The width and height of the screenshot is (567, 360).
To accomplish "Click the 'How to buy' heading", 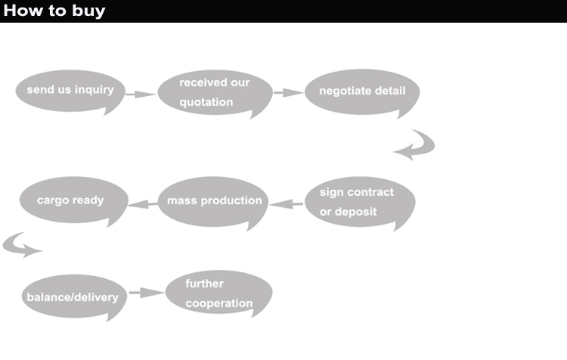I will click(x=54, y=11).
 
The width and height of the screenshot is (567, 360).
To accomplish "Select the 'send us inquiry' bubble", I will click(x=70, y=90).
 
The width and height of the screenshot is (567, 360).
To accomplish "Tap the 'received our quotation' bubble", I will click(x=215, y=92).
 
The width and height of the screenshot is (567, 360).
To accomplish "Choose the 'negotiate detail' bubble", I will click(x=362, y=92).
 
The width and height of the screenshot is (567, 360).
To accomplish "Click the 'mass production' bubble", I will click(x=214, y=201).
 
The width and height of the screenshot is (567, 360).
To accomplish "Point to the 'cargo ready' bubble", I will click(x=70, y=201).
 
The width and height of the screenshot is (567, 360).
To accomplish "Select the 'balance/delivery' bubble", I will click(x=73, y=296).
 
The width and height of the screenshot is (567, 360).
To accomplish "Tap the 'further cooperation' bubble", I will click(x=218, y=294).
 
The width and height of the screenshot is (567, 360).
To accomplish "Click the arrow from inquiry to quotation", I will click(x=140, y=95).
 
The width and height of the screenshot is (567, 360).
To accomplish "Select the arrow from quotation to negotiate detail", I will click(x=288, y=93).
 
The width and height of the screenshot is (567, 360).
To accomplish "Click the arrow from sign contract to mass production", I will click(x=287, y=203).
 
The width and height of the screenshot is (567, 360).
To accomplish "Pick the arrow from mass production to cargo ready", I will click(x=141, y=203).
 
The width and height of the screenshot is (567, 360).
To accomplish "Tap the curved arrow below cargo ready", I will click(x=21, y=245).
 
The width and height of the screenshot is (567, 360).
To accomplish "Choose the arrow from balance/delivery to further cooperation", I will click(x=146, y=292).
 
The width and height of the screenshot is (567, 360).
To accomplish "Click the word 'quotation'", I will click(x=206, y=102).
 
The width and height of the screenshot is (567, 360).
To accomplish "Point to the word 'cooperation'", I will click(x=219, y=304).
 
